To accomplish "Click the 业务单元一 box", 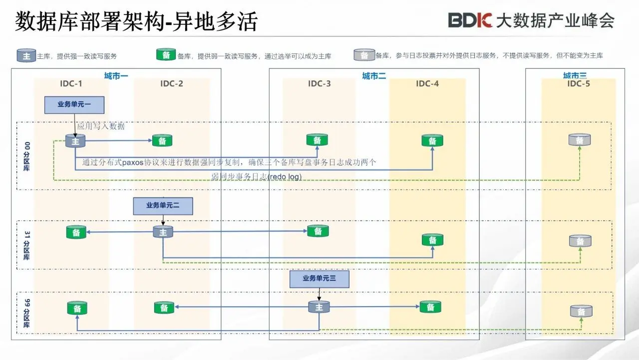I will point(74,105).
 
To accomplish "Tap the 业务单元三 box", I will point(319,279).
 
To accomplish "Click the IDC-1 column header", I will point(72,83).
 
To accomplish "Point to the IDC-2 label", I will point(172,83).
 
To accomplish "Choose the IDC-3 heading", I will point(319,83).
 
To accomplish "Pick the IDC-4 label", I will point(427,83).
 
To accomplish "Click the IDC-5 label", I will point(579,83).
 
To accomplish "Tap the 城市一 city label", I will point(116,76).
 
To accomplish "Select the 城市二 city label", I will point(374,76).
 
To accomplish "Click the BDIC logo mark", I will point(470,20).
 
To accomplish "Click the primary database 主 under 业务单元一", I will point(75,141).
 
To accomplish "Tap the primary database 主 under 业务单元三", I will point(319,307).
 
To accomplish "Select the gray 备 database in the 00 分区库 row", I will point(580,140).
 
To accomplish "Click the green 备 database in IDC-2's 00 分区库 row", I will point(162,141).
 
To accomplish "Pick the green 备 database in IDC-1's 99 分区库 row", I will point(77,309).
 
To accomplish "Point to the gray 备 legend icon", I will point(364,55).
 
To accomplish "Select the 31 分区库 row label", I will point(26,245).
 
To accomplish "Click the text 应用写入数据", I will point(101,126).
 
